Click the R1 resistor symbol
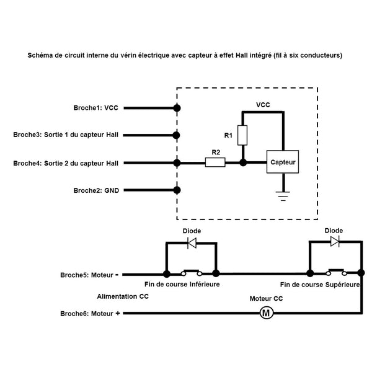243,135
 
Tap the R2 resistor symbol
215,163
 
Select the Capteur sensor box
282,162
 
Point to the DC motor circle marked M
267,313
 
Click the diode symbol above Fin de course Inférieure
192,242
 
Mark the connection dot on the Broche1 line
177,108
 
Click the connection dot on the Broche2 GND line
177,190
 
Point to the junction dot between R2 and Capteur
243,163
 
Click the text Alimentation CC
123,296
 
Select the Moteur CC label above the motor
266,298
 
